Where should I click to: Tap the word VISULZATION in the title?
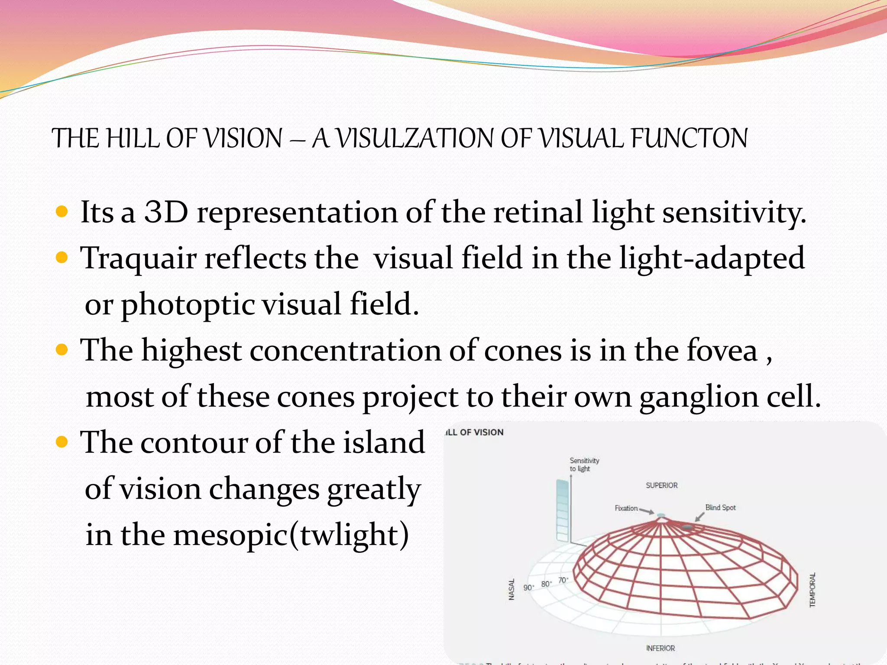[414, 139]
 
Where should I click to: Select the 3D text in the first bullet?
[166, 212]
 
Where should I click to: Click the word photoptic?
[188, 304]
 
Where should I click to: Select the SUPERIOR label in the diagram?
[661, 485]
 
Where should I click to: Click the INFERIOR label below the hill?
[660, 648]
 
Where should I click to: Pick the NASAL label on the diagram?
[511, 589]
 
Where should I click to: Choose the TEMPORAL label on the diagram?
[813, 590]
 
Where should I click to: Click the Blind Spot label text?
[720, 507]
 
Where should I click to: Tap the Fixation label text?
[626, 508]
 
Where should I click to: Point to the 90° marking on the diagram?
[528, 588]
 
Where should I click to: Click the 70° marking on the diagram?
[563, 580]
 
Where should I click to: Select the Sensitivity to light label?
[584, 465]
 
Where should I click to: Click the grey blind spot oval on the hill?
[687, 527]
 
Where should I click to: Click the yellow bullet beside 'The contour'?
[62, 442]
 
